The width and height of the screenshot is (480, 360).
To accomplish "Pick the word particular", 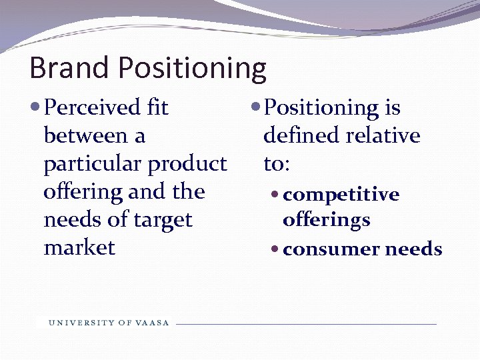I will tap(92, 164).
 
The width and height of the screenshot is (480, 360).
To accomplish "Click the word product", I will tap(187, 164).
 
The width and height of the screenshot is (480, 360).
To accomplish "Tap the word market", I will tap(79, 248).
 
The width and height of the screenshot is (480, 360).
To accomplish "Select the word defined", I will tap(301, 135).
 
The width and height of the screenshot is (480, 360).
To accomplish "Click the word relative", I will tap(383, 135).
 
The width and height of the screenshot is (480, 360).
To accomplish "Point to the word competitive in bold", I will tap(341, 195).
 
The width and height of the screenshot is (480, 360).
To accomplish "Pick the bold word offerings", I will tap(326, 220).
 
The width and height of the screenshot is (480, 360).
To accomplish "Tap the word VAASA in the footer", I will tap(153, 323).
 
